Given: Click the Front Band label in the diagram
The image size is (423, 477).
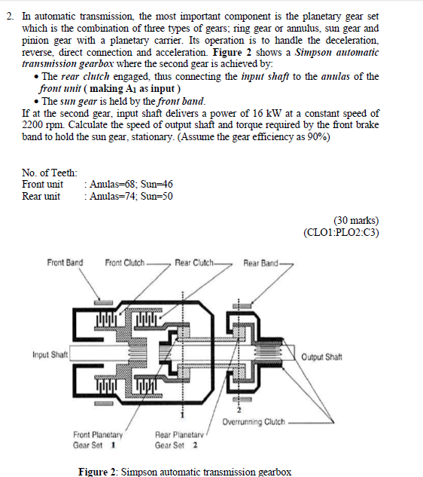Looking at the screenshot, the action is [x=65, y=262].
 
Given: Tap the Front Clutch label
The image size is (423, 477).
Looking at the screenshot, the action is [x=125, y=262].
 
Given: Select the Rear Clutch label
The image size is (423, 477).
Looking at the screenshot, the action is [x=194, y=262].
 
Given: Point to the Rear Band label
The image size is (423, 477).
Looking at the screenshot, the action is [x=260, y=263].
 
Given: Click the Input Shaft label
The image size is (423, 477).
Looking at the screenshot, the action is [x=50, y=355].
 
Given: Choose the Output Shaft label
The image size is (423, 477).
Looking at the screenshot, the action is [x=321, y=356].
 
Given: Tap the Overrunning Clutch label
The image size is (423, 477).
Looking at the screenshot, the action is [x=254, y=422].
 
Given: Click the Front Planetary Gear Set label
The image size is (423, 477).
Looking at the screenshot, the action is [x=98, y=440].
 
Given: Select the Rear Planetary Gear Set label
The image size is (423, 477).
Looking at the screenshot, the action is [x=179, y=440].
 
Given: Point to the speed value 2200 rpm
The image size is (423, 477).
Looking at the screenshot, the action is [x=43, y=125].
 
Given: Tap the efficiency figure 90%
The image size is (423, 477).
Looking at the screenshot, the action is [x=317, y=136].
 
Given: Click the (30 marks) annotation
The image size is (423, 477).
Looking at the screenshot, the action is [x=356, y=220].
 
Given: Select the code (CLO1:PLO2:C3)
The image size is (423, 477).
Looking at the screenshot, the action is [x=341, y=232].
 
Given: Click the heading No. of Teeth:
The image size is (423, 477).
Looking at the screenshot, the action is [x=50, y=173].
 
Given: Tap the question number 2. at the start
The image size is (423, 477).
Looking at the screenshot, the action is [x=11, y=16].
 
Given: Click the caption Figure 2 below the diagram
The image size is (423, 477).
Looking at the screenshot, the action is [x=184, y=472].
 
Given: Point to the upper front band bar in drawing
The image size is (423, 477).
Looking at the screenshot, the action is [x=103, y=302].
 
